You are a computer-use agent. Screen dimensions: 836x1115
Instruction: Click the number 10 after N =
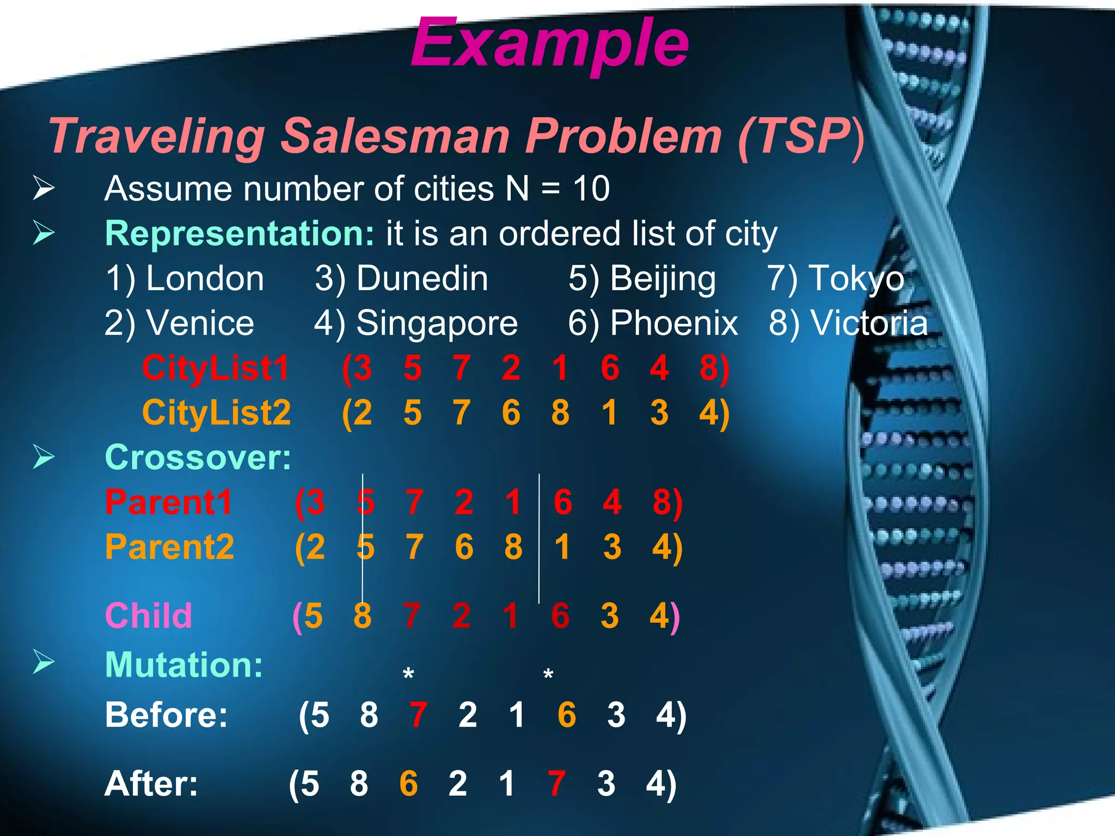[x=591, y=189]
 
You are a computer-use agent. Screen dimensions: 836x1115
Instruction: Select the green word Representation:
[x=240, y=234]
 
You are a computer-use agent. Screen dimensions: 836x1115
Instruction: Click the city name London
[x=205, y=279]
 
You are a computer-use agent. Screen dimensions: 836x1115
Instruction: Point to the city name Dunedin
[x=422, y=279]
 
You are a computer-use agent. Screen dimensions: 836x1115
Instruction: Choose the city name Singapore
[x=437, y=323]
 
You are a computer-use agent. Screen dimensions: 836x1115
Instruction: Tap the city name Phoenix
[x=673, y=323]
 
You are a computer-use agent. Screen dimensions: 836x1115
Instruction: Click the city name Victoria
[x=869, y=323]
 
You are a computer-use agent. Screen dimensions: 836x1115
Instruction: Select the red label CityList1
[x=216, y=368]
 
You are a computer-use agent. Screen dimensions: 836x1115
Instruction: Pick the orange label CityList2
[x=216, y=413]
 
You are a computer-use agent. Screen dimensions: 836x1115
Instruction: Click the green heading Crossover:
[x=198, y=457]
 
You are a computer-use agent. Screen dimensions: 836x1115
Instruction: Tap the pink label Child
[x=148, y=616]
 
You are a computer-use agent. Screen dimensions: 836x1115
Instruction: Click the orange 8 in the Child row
[x=363, y=616]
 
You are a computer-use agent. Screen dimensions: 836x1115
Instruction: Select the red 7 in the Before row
[x=418, y=715]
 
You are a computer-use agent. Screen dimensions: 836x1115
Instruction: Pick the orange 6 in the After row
[x=408, y=784]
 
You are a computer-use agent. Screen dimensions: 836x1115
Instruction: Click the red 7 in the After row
[x=556, y=784]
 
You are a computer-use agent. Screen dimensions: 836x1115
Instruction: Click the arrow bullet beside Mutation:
[x=44, y=662]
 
